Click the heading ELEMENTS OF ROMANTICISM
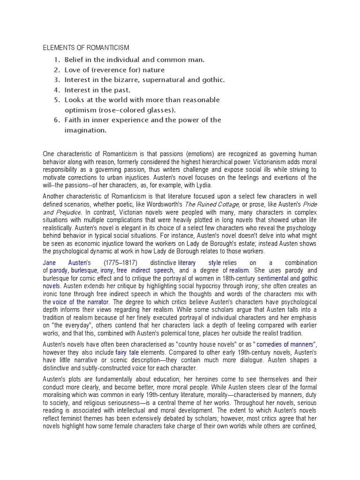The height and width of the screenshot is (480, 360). [86, 48]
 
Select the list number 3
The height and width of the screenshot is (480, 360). [57, 80]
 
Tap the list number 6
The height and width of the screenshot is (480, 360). [57, 120]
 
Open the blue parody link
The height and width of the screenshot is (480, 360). [59, 271]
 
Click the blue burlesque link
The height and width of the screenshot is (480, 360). [86, 271]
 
